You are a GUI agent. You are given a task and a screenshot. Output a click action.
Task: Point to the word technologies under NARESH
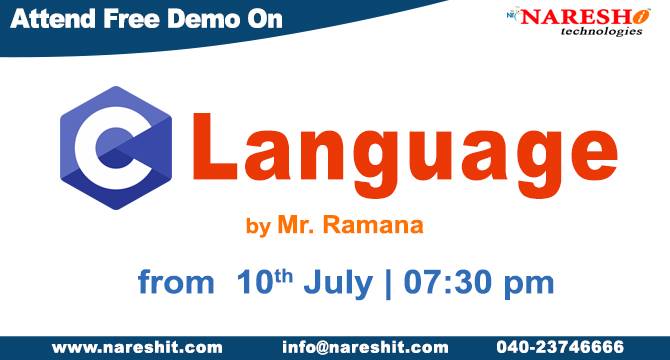coord(588,32)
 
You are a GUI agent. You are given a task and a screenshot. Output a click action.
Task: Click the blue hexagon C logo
coord(112,148)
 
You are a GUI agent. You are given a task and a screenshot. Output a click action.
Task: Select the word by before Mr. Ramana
coord(257,226)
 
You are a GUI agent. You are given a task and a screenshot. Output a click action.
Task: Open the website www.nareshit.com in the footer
coord(137,347)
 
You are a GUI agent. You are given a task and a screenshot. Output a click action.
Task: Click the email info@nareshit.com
coord(365,347)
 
